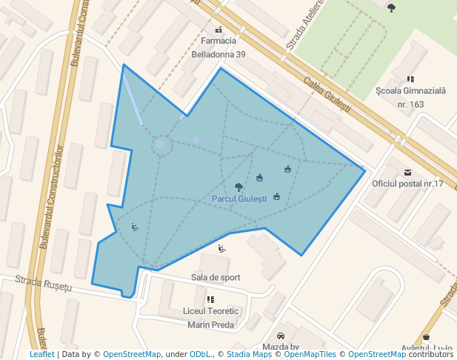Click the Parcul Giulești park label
tap(238, 199)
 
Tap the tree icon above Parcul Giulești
tap(238, 187)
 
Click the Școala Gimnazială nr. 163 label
tap(410, 97)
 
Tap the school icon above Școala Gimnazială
tap(410, 79)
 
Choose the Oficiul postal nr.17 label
tap(407, 184)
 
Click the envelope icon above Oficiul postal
tap(407, 172)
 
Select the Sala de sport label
tap(215, 277)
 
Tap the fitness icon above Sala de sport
tap(221, 249)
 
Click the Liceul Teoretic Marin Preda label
tap(211, 318)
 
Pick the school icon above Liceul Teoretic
tap(211, 299)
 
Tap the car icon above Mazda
tap(280, 336)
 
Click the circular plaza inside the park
tap(161, 144)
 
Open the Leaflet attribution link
tap(41, 354)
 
